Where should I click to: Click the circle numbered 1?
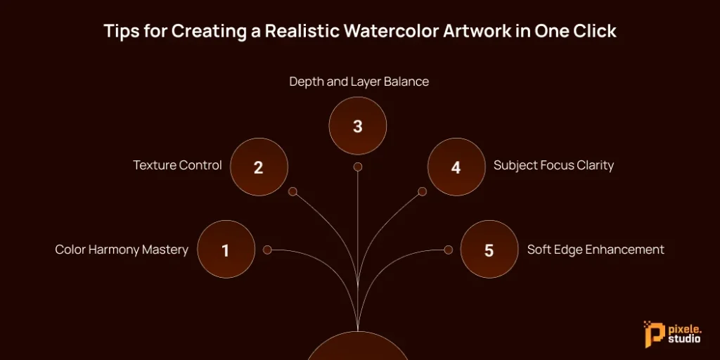click(x=226, y=250)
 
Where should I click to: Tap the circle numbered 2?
click(x=259, y=167)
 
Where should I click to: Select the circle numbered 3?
click(x=358, y=126)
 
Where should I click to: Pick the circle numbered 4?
click(x=456, y=167)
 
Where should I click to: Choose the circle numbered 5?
click(x=489, y=250)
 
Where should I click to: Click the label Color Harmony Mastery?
click(x=122, y=250)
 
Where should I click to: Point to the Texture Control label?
click(x=177, y=166)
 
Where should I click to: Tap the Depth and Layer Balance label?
click(x=359, y=82)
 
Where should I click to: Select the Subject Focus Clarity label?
click(x=553, y=166)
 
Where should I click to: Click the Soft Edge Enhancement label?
click(x=596, y=250)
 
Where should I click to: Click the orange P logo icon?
click(x=651, y=335)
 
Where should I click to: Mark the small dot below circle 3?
click(x=358, y=167)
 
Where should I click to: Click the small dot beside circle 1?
click(x=267, y=250)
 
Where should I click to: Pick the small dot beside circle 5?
click(x=448, y=250)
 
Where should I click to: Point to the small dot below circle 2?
click(x=293, y=191)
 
